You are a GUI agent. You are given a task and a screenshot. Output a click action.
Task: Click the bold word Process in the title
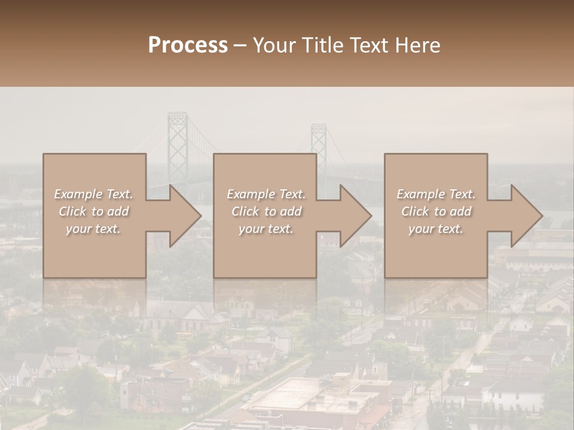coord(188,45)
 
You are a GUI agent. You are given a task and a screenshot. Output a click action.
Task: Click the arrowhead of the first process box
coord(182,216)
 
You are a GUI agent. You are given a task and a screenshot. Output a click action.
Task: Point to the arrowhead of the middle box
coord(353,216)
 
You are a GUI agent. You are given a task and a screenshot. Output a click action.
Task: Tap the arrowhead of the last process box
coord(524,216)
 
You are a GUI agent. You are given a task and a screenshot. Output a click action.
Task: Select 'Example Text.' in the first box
coord(94,194)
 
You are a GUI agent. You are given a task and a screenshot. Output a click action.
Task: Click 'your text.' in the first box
coord(94,229)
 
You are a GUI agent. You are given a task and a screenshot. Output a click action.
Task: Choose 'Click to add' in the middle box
coord(266,211)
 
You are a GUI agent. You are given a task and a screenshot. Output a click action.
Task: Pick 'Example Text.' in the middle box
coord(266,194)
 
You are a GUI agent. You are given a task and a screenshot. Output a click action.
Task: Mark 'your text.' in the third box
coord(436,229)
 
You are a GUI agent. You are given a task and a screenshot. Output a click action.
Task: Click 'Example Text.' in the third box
coord(436,194)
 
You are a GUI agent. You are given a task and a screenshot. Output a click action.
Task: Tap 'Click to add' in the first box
coord(94,211)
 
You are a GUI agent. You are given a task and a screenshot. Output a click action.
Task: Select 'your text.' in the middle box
coord(266,229)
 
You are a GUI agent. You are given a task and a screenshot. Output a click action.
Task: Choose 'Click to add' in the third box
coord(436,211)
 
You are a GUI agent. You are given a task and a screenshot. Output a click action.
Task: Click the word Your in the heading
coord(275,45)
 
